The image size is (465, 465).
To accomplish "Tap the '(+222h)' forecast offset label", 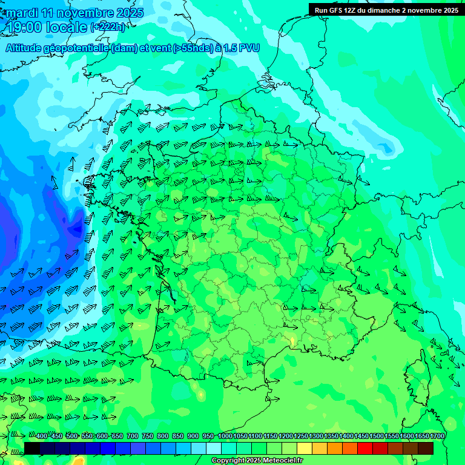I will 108,27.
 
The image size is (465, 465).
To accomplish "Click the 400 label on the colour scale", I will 42,437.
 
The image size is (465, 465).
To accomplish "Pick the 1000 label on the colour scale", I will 225,437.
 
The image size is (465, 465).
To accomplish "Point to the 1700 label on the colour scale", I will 437,437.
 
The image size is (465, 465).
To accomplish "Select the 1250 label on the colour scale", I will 300,437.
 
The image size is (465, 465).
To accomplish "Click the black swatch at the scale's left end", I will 32,448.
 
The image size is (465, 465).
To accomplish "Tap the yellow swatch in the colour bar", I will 305,448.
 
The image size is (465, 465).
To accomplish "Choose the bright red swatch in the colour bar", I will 365,448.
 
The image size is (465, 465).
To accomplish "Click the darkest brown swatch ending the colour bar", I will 426,448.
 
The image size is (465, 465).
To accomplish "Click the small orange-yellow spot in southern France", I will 293,342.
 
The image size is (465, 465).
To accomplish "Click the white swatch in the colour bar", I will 214,448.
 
